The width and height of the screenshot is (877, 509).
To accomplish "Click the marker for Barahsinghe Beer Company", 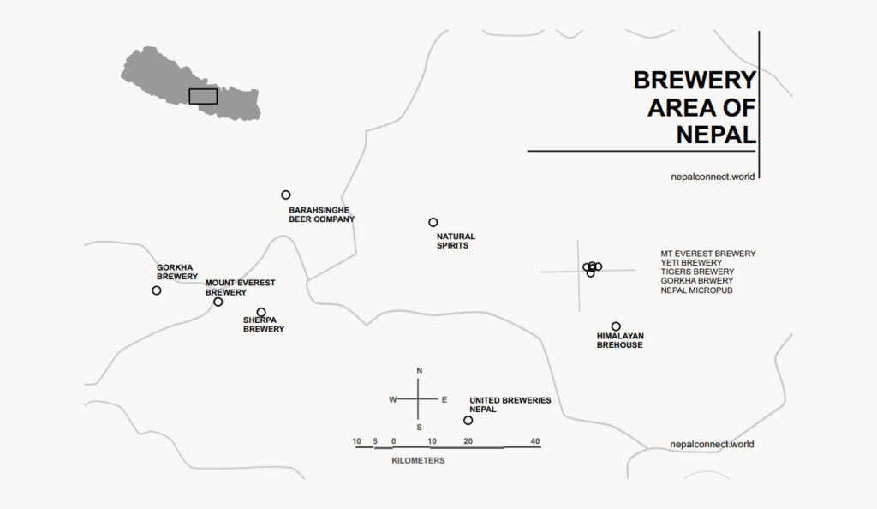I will coord(286,195).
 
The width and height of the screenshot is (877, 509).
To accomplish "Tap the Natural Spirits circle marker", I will coord(433,223).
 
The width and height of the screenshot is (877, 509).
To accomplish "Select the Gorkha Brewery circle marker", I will coord(157,290).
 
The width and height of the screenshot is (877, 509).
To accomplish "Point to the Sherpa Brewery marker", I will coord(261,313).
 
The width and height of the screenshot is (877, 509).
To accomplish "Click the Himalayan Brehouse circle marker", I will coord(616,326).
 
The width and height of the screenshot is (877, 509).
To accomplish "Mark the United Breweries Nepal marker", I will coord(468,420).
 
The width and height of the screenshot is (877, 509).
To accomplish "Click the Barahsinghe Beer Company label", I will coord(321,214).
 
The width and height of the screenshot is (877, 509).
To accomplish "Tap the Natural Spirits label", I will coord(456,241).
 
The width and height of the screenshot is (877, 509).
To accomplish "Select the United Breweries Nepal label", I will coord(510,404).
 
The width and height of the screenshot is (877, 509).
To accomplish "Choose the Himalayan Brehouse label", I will coord(620,340).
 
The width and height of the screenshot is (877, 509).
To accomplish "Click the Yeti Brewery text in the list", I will coord(691,263).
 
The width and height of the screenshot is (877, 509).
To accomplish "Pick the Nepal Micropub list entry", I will coord(696,290).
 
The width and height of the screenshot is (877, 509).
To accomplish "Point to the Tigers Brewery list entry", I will coord(697,272).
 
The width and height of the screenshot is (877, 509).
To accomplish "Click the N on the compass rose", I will coord(419,371).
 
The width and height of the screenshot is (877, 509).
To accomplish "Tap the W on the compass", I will coord(393,399).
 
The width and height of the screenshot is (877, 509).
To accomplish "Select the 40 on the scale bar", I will coord(534,441).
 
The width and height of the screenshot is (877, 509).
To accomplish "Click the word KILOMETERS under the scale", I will coord(418,461).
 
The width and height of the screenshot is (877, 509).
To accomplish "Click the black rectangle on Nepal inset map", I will coord(203,96).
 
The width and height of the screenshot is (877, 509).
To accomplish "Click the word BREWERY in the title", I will coord(695,81).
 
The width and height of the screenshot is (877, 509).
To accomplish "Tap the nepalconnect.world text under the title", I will coord(713,176).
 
